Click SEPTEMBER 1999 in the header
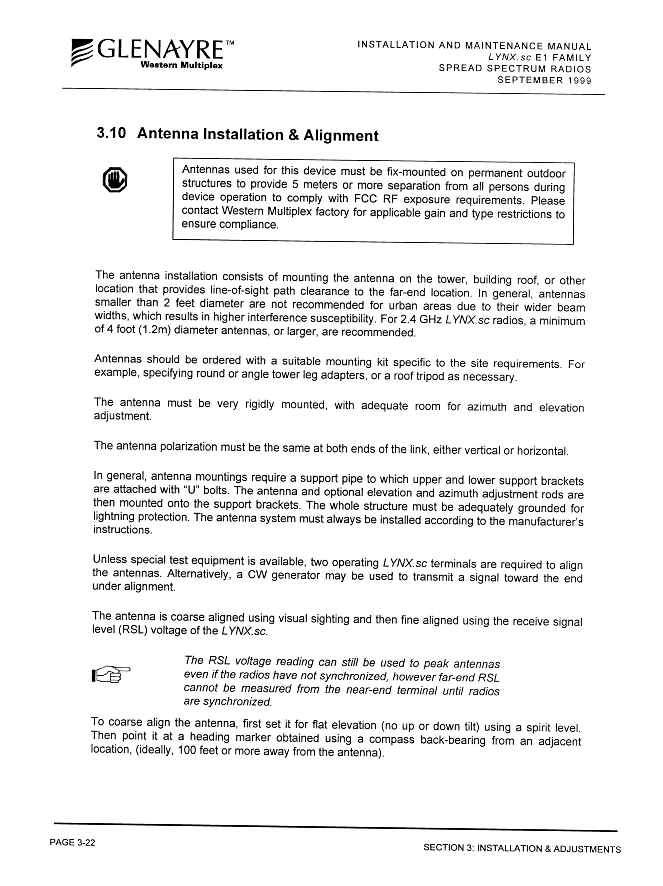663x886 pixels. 544,80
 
